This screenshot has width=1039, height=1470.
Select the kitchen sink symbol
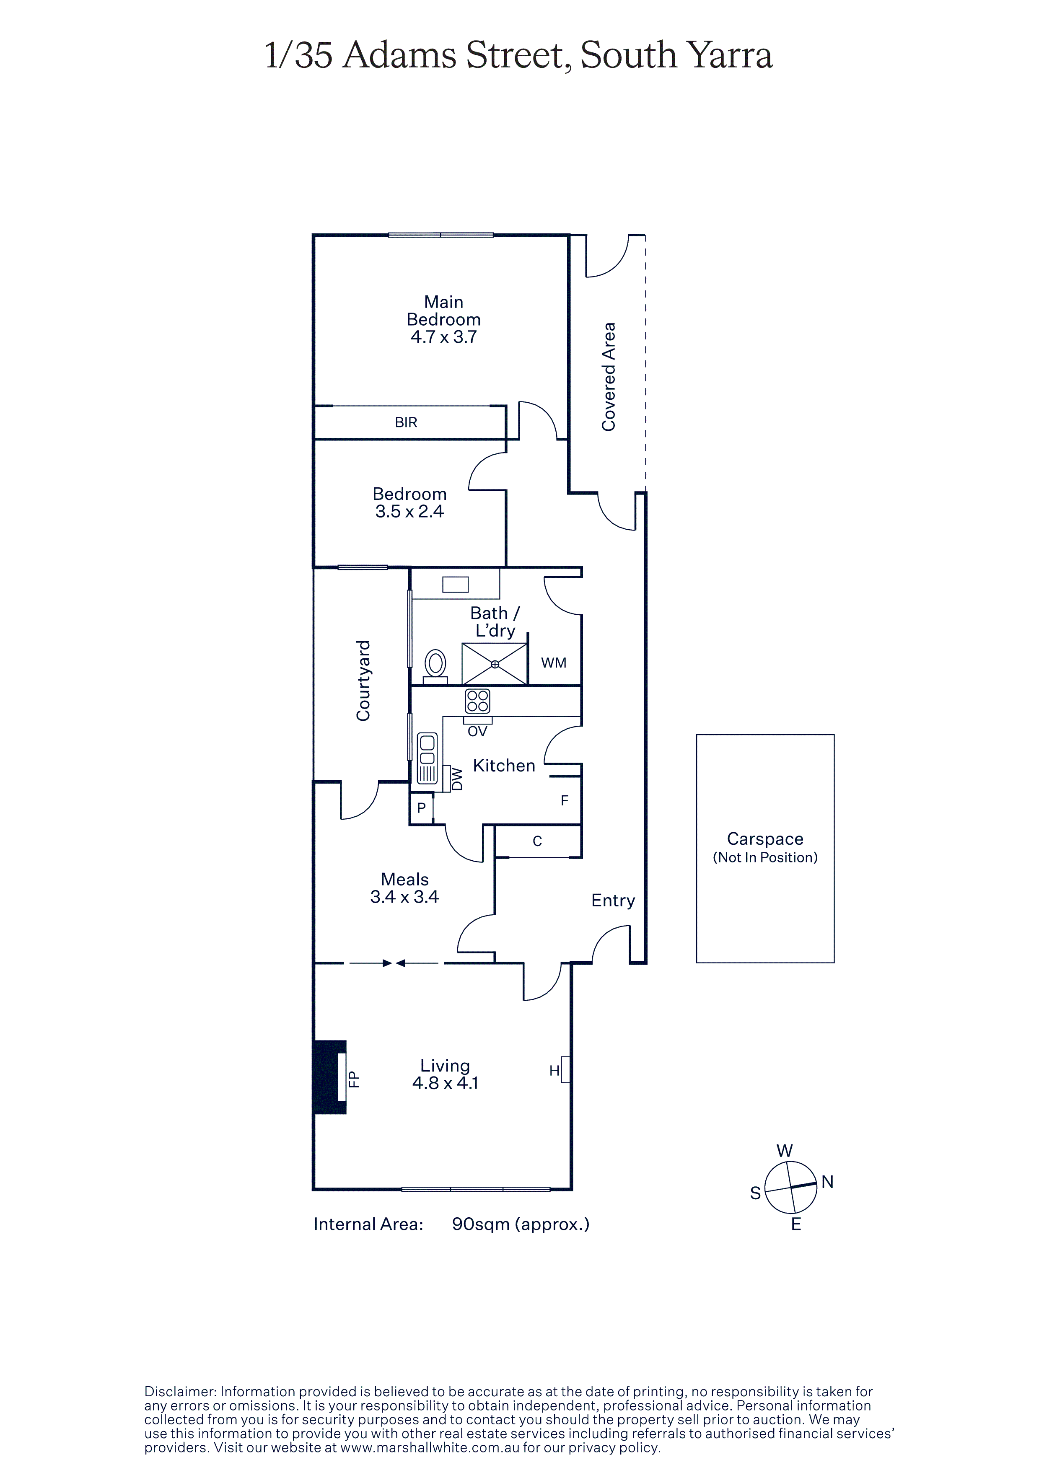[x=427, y=759]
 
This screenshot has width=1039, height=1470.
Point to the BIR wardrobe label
[x=406, y=422]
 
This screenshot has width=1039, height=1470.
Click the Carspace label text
[x=765, y=839]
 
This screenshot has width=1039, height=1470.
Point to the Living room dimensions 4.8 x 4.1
[x=446, y=1083]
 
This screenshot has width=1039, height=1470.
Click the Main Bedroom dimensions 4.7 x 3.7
[x=444, y=337]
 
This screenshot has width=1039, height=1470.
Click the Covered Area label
[x=608, y=376]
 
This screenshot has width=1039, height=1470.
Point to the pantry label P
[x=421, y=808]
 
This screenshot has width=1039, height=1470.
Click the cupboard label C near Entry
[x=538, y=841]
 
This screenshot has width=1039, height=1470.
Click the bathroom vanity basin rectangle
[x=455, y=585]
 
